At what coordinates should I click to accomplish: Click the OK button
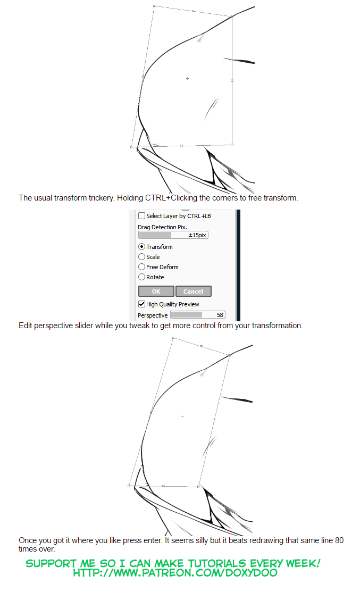pos(156,291)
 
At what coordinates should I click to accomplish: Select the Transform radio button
pos(141,247)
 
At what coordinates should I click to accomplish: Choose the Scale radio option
pos(141,257)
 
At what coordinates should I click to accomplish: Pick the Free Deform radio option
pos(141,267)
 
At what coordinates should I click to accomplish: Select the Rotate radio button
pos(141,277)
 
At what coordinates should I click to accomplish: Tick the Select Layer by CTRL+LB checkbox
pos(141,216)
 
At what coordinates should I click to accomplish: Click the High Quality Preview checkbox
pos(141,304)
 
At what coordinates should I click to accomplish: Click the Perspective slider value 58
pos(220,315)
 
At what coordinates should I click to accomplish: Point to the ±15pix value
pos(197,235)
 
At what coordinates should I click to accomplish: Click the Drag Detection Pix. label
pos(162,227)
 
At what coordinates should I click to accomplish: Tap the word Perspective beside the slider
pos(153,315)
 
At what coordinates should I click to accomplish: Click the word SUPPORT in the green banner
pos(47,563)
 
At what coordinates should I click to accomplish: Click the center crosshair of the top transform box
pos(187,78)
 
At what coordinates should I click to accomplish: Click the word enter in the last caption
pos(144,540)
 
